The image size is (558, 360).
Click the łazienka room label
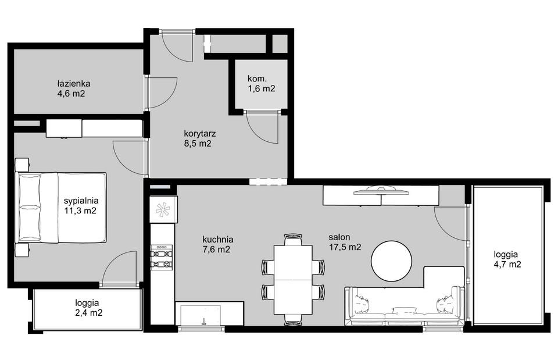point(73,84)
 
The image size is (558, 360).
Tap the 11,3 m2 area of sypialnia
point(80,211)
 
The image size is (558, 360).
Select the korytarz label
point(200,134)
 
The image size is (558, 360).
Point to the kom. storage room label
point(257,79)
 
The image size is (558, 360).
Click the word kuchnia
point(218,239)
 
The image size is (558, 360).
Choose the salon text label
point(339,237)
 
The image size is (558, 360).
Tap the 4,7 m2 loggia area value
point(507,265)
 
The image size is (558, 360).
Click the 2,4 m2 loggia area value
point(89,313)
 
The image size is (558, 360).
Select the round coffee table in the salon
point(391,261)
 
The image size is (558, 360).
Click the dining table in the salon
point(293,280)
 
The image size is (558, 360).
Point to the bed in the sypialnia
point(61,208)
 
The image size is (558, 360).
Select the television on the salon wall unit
point(381,191)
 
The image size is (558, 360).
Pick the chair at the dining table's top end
point(293,239)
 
